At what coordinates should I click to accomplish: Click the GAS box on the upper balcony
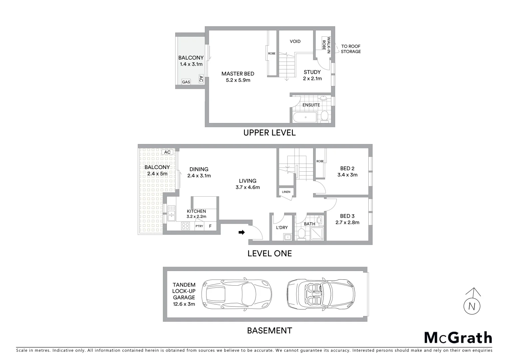tap(186, 82)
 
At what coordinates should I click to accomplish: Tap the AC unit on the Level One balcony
tap(167, 152)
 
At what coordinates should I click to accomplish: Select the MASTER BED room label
tap(238, 74)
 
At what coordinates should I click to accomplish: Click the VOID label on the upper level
tap(295, 41)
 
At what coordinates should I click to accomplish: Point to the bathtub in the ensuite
tap(305, 117)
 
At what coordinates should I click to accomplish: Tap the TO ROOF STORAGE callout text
tap(350, 49)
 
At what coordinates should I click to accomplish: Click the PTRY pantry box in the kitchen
tap(199, 226)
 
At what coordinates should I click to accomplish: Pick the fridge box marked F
tap(210, 226)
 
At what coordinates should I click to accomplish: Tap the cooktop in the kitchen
tap(185, 226)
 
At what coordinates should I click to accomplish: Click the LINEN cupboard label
tap(286, 192)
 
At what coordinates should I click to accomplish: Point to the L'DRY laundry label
tap(282, 228)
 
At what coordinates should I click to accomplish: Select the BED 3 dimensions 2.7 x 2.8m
tap(347, 222)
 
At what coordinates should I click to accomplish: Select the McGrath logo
tap(458, 338)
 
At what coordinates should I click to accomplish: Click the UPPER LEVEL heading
tap(269, 133)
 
